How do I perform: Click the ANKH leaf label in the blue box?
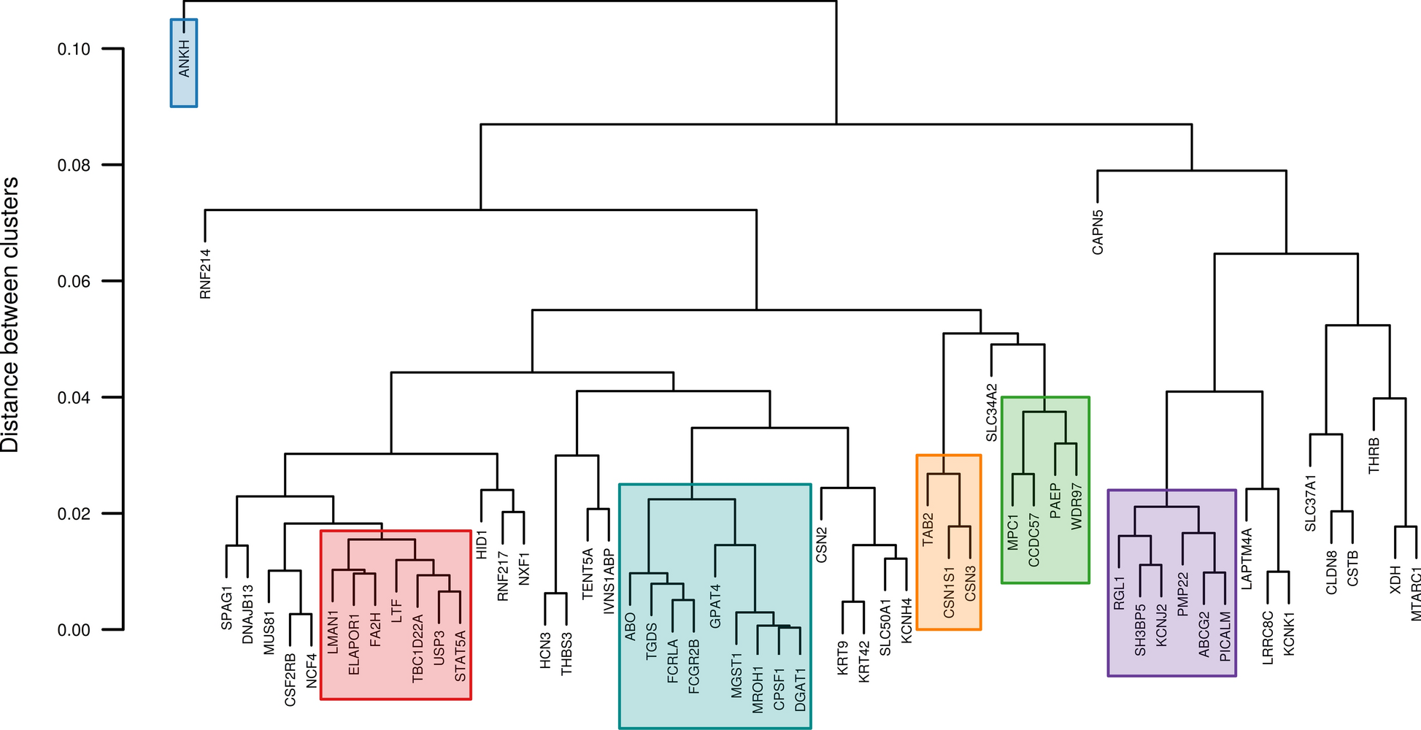click(x=184, y=59)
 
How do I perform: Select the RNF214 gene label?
click(x=205, y=274)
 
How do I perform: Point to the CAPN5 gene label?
click(x=1098, y=232)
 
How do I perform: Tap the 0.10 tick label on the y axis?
click(x=74, y=49)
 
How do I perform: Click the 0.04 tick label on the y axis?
click(x=74, y=398)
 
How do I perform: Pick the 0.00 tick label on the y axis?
click(x=74, y=630)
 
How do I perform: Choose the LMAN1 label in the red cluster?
click(x=333, y=632)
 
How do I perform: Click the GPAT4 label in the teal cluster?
click(x=715, y=605)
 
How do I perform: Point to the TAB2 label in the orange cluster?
click(x=928, y=529)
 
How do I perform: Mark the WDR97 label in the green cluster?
click(x=1077, y=504)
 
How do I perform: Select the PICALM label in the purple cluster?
click(x=1225, y=635)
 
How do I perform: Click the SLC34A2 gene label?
click(x=991, y=412)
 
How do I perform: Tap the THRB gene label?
click(x=1374, y=455)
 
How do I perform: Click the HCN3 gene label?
click(x=545, y=650)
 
